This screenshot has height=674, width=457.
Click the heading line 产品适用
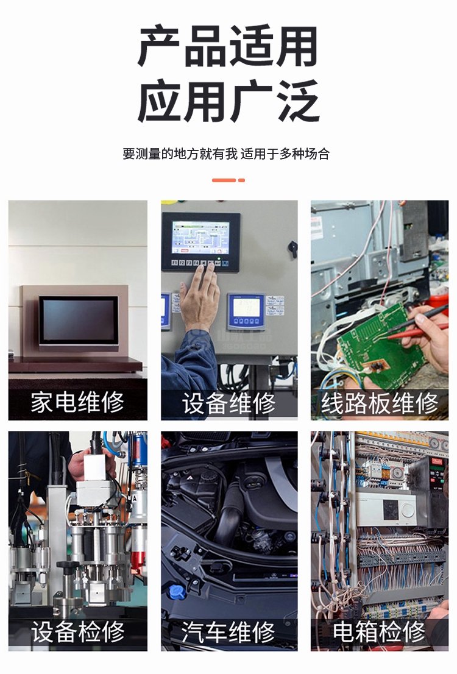228,46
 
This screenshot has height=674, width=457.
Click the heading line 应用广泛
228,101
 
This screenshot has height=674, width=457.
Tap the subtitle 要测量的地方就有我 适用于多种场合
226,154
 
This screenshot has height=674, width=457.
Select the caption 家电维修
77,403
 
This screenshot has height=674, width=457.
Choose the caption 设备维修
228,403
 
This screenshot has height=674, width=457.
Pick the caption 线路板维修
380,403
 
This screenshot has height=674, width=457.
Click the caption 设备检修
77,632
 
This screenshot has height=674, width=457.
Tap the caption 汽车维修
228,632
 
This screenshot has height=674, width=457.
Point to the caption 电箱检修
380,632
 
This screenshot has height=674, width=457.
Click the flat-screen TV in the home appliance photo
79,321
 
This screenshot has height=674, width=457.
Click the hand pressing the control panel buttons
200,297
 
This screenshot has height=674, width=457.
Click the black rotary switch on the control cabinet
293,249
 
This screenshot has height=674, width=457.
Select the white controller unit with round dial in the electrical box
386,509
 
